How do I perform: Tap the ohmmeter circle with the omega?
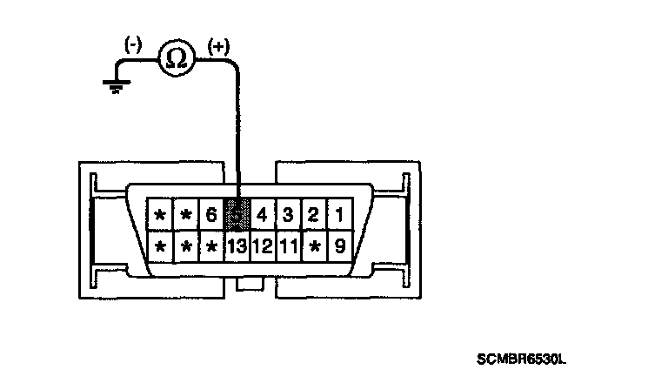tap(176, 58)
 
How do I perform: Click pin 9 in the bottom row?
tap(339, 246)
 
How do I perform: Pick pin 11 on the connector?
tap(289, 246)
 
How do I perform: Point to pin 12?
tap(263, 246)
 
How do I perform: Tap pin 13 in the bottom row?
tap(237, 246)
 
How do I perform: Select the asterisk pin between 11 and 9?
tap(314, 246)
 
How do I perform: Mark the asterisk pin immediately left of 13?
tap(211, 246)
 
